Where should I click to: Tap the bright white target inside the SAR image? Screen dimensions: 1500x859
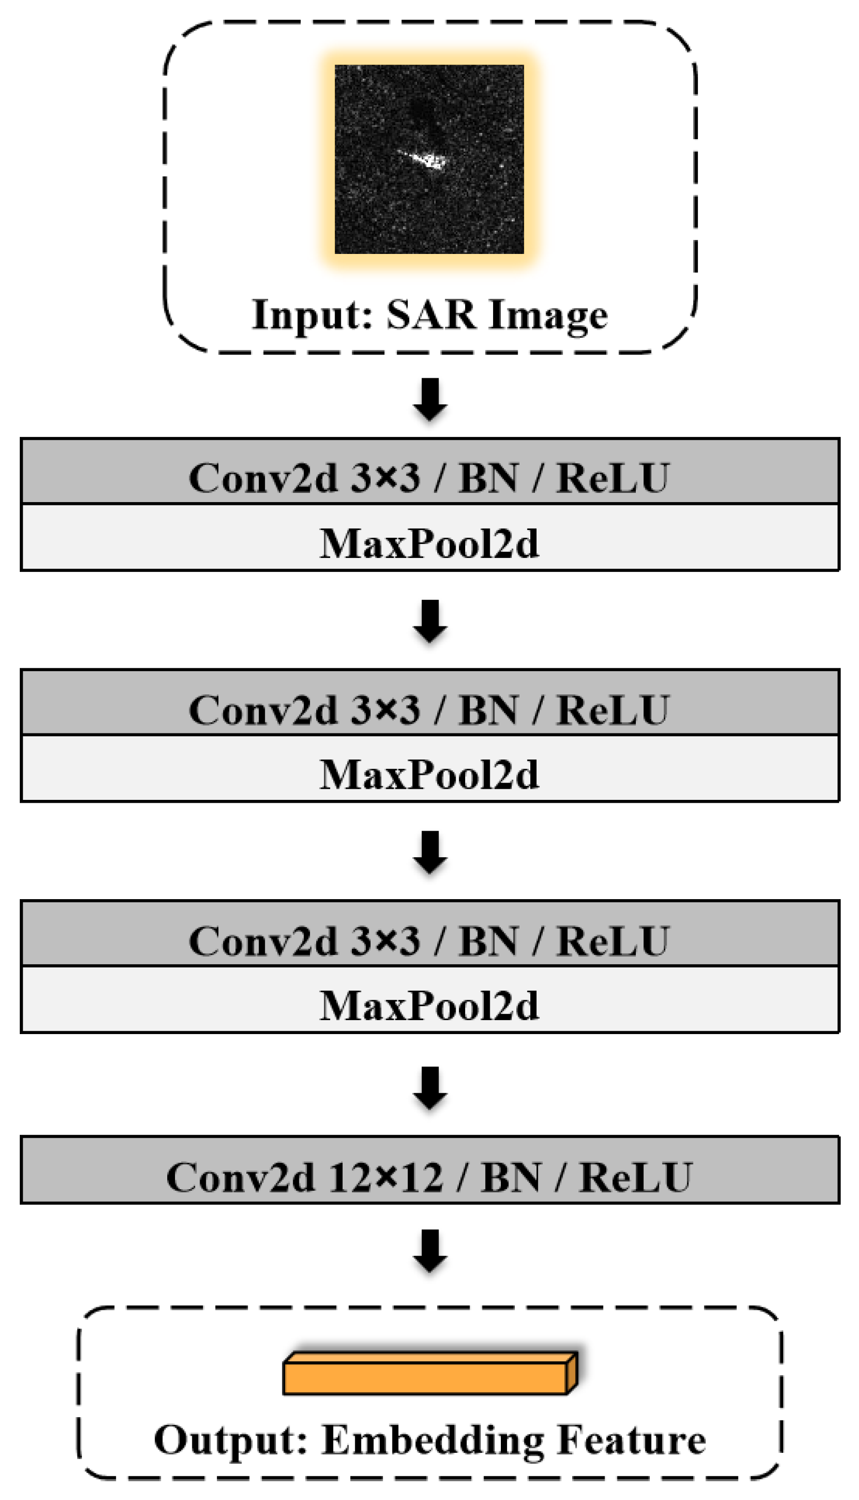427,159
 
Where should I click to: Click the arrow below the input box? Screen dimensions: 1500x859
429,399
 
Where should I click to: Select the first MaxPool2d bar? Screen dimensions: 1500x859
429,543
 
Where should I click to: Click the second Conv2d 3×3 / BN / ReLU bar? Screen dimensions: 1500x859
429,708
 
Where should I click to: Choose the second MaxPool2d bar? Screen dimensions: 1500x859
429,773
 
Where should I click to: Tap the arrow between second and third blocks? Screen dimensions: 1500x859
429,851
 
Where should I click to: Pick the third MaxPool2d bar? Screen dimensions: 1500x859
429,1005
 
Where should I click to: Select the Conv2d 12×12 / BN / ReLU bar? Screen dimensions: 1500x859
429,1176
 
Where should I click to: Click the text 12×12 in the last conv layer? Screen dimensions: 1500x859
386,1177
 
